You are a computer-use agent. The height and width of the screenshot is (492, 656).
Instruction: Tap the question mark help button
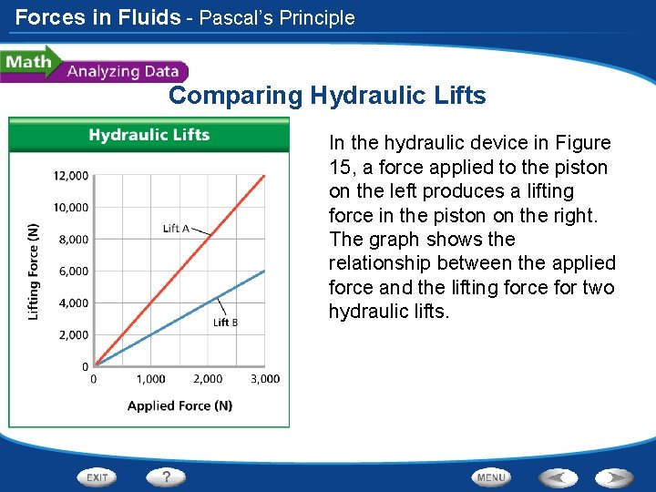coord(167,477)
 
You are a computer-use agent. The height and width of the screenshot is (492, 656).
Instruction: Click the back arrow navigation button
coord(558,477)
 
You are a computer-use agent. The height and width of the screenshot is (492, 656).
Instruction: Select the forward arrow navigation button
coord(614,477)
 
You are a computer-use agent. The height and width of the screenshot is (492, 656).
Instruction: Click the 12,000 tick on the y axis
coord(70,175)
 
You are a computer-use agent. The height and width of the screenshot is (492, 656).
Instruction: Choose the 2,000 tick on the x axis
coord(208,379)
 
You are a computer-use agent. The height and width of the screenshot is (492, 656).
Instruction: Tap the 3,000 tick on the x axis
coord(265,379)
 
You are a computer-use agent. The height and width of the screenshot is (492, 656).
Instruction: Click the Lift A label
coord(176,228)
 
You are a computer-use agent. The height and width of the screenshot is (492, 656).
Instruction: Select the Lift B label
coord(226,322)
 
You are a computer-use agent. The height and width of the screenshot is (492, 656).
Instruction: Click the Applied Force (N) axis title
coord(179,405)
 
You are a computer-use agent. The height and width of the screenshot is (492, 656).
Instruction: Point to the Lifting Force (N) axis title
coord(34,271)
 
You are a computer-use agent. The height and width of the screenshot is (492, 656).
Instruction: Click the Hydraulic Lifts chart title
coord(149,135)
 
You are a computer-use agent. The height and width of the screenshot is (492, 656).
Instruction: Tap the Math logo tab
coord(27,62)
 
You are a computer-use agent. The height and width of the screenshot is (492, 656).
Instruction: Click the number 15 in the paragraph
coord(339,167)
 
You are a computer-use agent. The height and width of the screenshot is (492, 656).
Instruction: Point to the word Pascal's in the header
coord(239,17)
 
